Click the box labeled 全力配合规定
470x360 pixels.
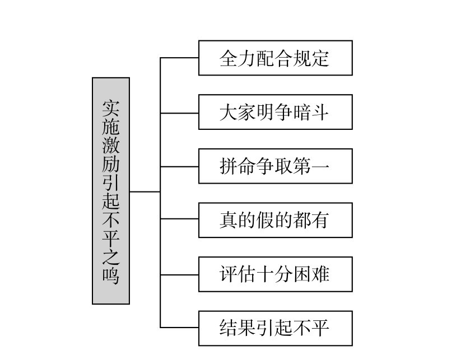[275, 58]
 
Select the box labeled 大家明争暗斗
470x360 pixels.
[275, 112]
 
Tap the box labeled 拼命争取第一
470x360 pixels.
[275, 166]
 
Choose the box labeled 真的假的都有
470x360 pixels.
[275, 220]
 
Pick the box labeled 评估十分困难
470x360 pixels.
[275, 274]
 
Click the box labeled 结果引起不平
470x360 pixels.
[275, 328]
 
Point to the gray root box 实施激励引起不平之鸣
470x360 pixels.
[111, 191]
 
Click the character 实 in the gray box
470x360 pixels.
[111, 108]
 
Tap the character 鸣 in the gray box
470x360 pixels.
[111, 275]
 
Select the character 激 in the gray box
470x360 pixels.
[111, 145]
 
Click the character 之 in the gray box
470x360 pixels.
[111, 257]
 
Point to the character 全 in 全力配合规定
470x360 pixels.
[229, 58]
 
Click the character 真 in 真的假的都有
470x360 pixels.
[229, 221]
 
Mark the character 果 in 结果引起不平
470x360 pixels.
[247, 329]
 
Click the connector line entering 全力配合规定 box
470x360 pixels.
[179, 58]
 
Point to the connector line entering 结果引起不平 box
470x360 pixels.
[179, 328]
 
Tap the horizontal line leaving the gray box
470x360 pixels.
[145, 191]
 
